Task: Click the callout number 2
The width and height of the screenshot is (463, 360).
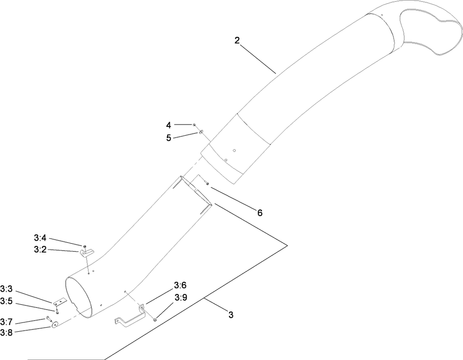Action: [237, 40]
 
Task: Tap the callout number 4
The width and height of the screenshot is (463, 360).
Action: [169, 125]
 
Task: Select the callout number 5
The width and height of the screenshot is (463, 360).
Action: [169, 138]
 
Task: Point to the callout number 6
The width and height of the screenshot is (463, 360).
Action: [260, 213]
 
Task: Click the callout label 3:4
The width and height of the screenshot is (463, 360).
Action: [40, 238]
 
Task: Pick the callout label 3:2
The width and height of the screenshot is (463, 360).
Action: [40, 250]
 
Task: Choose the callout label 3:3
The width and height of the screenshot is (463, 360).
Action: [6, 289]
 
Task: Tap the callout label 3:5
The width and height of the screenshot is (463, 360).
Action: [6, 301]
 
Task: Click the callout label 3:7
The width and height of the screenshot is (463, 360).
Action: [6, 321]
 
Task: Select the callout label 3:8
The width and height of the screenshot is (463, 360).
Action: [6, 333]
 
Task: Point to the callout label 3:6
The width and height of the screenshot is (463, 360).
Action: [180, 285]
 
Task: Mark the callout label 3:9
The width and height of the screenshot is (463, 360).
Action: [181, 297]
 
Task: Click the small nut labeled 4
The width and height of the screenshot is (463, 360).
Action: [194, 125]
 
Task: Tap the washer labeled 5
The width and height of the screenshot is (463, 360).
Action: [201, 132]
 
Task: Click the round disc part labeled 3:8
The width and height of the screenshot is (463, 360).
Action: [54, 325]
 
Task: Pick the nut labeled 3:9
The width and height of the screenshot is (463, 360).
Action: [155, 320]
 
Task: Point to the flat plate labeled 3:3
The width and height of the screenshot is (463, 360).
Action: [60, 302]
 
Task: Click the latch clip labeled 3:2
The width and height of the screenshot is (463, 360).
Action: [87, 253]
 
